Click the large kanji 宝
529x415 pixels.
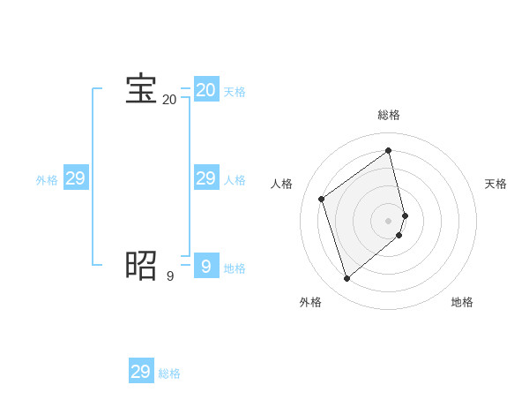pyautogui.click(x=141, y=89)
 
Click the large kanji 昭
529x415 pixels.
pyautogui.click(x=141, y=264)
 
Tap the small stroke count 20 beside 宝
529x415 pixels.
pyautogui.click(x=169, y=100)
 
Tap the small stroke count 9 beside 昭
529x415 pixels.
pyautogui.click(x=170, y=276)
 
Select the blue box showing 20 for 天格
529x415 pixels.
pyautogui.click(x=206, y=90)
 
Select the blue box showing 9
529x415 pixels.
pyautogui.click(x=206, y=265)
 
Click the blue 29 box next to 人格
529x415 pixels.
pyautogui.click(x=206, y=178)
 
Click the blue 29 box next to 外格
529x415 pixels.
pyautogui.click(x=76, y=178)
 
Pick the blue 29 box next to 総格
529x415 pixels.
pyautogui.click(x=141, y=371)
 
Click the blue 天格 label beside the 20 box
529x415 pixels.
pyautogui.click(x=235, y=92)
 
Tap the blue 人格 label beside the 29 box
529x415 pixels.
pyautogui.click(x=235, y=180)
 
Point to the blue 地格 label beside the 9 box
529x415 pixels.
pyautogui.click(x=235, y=268)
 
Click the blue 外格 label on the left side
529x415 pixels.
pyautogui.click(x=47, y=180)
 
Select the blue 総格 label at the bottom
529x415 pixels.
pyautogui.click(x=169, y=373)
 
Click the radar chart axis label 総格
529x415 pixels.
pyautogui.click(x=389, y=115)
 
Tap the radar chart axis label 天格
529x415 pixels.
pyautogui.click(x=495, y=184)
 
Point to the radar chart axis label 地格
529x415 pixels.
pyautogui.click(x=462, y=302)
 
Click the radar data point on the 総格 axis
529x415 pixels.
pyautogui.click(x=389, y=150)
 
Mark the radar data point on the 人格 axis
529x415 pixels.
pyautogui.click(x=322, y=199)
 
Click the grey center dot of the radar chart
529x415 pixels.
pyautogui.click(x=389, y=220)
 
